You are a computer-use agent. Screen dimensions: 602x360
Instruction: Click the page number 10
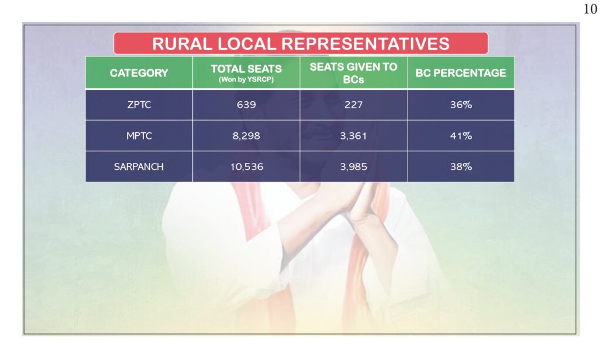coord(590,9)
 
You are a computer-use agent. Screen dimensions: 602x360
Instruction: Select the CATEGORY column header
coord(139,73)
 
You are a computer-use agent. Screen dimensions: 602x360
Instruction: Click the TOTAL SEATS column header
coord(246,69)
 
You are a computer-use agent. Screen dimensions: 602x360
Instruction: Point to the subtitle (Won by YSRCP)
coord(246,79)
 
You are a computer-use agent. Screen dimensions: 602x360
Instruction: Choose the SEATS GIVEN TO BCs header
coord(353,73)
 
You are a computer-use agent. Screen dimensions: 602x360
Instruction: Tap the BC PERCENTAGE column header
coord(461,73)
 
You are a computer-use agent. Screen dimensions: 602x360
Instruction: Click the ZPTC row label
coord(139,105)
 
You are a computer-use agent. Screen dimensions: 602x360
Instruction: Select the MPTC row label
coord(139,136)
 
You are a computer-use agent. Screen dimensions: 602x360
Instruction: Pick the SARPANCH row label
coord(139,166)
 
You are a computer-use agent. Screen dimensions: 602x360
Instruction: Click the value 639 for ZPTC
coord(246,105)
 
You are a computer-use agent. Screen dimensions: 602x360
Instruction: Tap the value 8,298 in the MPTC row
coord(246,136)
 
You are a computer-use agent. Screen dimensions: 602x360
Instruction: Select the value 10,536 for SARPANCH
coord(246,166)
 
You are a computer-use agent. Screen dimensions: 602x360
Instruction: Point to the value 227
coord(353,105)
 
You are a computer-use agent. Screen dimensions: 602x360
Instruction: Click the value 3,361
coord(353,136)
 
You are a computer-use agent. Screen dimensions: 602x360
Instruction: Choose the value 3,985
coord(353,166)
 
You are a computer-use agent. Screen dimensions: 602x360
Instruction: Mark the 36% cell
coord(461,105)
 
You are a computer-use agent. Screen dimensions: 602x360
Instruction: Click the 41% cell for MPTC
coord(461,136)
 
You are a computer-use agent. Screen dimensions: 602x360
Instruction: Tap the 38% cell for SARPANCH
coord(461,166)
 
